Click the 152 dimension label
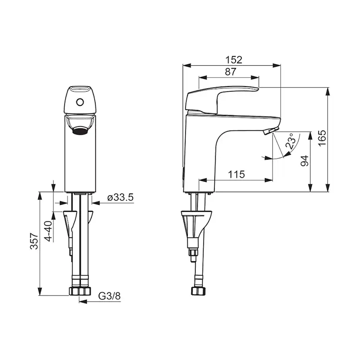tap(234, 60)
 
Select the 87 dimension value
tap(230, 72)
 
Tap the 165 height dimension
tap(322, 138)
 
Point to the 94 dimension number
tap(305, 161)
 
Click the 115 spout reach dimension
tap(236, 174)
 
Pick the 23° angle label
tap(290, 141)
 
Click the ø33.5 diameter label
tap(120, 197)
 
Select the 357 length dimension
tap(34, 241)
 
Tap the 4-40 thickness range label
tap(48, 231)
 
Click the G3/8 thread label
tap(109, 296)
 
